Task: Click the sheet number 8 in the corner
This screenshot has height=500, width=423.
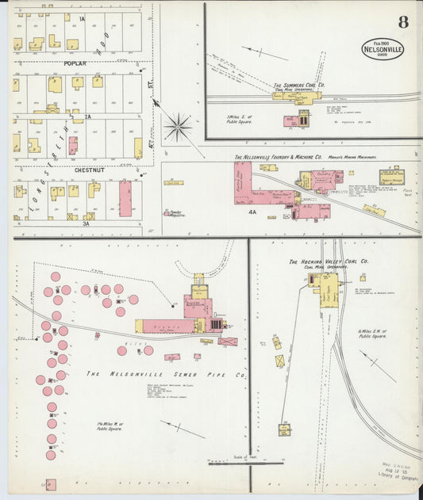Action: [403, 21]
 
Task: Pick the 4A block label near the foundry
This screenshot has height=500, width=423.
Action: [252, 212]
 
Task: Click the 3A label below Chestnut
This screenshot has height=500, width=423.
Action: [87, 224]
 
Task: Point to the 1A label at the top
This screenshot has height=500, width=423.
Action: [81, 17]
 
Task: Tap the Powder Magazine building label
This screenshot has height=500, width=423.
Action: [174, 212]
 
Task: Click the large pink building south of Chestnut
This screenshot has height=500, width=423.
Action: [125, 198]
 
